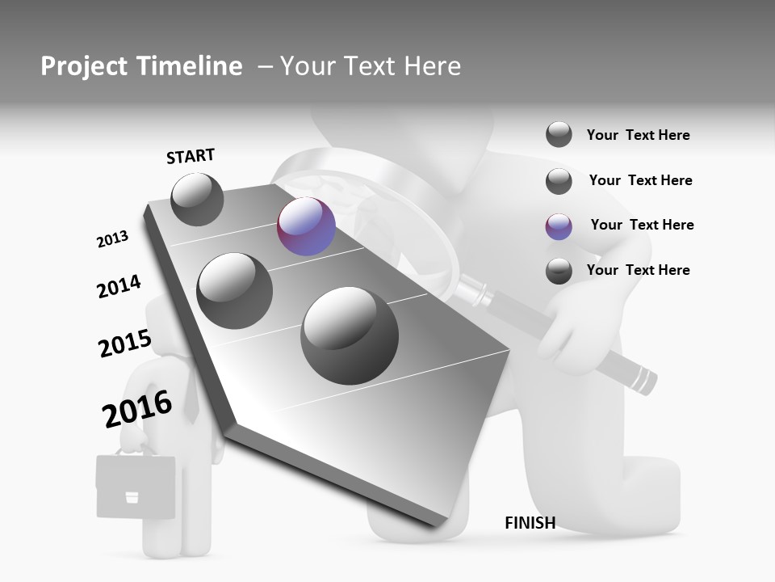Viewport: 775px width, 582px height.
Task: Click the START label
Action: tap(191, 156)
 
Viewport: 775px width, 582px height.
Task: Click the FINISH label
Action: tap(530, 523)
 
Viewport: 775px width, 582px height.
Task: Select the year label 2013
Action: tap(112, 239)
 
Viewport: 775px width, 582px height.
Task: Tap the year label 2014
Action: tap(119, 287)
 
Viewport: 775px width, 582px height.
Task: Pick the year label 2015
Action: tap(124, 344)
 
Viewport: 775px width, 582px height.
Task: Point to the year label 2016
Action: tap(137, 408)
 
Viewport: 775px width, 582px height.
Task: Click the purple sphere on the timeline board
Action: tap(306, 227)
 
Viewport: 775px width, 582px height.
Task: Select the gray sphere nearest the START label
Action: tap(197, 199)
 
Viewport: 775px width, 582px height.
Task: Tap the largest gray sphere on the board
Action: tap(350, 335)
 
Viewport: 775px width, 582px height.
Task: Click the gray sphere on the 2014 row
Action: tap(234, 290)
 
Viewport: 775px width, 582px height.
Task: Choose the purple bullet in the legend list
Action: tap(559, 226)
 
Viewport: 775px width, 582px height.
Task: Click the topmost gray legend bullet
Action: tap(559, 134)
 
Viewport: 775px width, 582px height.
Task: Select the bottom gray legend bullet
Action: tap(559, 271)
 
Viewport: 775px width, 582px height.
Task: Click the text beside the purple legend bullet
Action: tap(642, 225)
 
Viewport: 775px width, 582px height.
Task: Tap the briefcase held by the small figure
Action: tap(136, 486)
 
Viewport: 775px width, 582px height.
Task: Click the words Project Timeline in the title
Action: tap(141, 66)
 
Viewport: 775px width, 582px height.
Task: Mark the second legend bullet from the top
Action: tap(559, 181)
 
